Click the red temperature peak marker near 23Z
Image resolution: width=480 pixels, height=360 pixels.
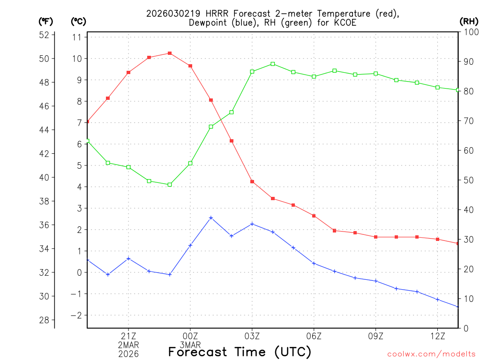click(170, 53)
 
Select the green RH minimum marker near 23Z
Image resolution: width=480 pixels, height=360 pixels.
click(170, 185)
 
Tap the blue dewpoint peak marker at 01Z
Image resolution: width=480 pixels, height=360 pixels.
click(211, 217)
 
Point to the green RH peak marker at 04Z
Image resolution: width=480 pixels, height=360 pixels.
click(273, 64)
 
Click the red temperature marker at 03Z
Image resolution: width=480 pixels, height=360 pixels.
click(252, 181)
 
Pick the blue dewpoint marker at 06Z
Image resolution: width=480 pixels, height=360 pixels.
click(314, 263)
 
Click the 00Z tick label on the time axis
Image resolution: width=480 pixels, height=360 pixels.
click(190, 336)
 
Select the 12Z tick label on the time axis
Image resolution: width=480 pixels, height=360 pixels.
click(437, 336)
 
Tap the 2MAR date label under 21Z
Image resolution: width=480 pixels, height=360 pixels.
click(128, 345)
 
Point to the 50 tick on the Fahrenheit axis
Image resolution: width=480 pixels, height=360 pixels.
click(45, 59)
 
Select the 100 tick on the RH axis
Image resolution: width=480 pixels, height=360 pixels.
click(468, 32)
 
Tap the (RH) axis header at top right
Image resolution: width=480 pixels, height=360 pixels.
click(468, 21)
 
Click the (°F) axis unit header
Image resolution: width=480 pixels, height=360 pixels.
click(45, 21)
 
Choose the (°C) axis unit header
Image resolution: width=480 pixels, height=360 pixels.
click(78, 21)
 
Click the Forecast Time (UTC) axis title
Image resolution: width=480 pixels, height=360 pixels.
click(240, 352)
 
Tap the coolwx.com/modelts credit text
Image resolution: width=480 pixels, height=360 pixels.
click(431, 354)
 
